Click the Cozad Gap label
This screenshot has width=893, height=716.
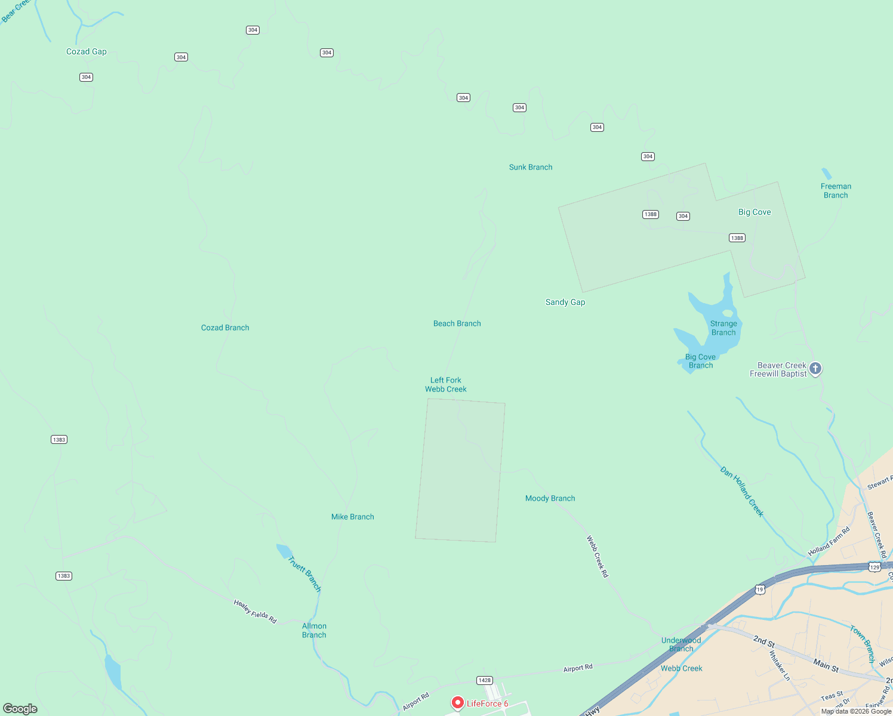click(87, 52)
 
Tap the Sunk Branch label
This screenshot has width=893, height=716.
click(531, 167)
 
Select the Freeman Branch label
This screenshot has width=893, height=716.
click(836, 191)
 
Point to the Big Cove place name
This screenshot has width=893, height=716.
click(755, 212)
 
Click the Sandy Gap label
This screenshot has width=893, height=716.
click(565, 302)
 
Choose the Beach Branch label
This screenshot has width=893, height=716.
click(457, 323)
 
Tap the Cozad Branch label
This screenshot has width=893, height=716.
click(225, 328)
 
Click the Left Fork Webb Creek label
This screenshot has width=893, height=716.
click(446, 385)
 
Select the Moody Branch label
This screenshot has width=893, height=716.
click(550, 498)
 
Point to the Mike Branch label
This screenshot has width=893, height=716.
click(353, 517)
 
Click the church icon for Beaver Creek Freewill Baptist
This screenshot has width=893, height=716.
click(815, 369)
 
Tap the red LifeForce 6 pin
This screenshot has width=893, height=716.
click(458, 703)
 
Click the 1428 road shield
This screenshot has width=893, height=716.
click(484, 680)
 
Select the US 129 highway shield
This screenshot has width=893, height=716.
click(874, 567)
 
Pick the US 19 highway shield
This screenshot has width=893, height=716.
click(759, 590)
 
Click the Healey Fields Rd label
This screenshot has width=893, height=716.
click(255, 612)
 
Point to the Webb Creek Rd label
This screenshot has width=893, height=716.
click(598, 557)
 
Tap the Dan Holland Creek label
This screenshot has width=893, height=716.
click(742, 492)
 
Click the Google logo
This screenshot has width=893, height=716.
click(20, 708)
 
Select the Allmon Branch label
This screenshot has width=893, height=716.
click(314, 630)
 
